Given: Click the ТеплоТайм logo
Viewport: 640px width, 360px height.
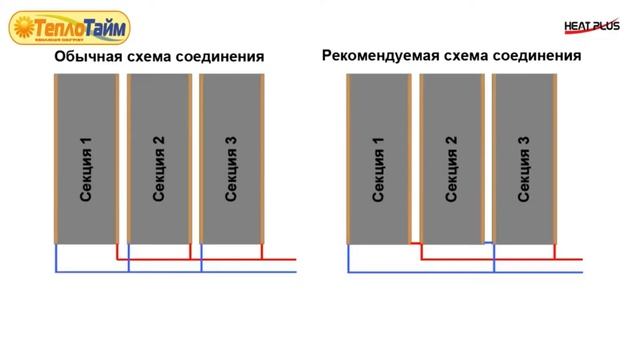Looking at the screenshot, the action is coord(69,27).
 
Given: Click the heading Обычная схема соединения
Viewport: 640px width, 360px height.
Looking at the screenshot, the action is coord(159,56).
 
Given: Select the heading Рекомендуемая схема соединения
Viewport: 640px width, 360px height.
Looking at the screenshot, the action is coord(451,55).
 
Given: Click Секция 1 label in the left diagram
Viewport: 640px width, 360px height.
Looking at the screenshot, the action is coord(86,168).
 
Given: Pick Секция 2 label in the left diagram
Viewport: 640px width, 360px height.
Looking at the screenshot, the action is coord(159,168).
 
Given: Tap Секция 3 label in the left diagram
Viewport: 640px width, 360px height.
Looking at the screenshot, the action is coord(232,168).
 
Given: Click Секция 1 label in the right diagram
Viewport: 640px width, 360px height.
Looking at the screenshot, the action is coord(378,168).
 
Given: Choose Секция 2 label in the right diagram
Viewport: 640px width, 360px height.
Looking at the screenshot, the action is coord(451,168).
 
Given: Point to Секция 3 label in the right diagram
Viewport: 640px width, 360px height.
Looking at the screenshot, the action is coord(524,168).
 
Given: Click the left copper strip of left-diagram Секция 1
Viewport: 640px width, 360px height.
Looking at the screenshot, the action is coord(55,160).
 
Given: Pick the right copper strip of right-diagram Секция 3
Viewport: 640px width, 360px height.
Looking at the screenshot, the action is coord(555,160).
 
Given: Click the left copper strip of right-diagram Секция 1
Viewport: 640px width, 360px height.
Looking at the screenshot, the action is coord(347,160).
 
